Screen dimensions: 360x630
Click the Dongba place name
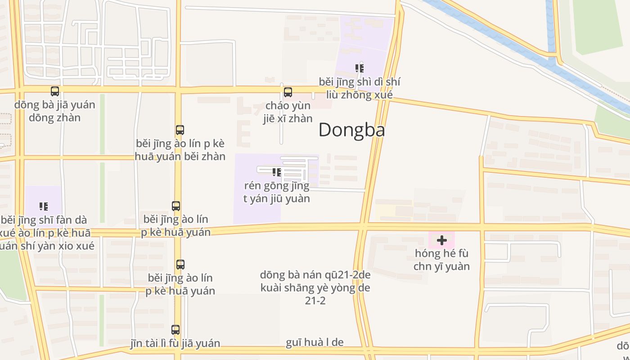(x=351, y=130)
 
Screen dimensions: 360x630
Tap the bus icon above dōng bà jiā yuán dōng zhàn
(x=55, y=91)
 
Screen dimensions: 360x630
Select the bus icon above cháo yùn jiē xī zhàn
(x=288, y=92)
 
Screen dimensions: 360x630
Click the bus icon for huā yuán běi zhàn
(x=180, y=130)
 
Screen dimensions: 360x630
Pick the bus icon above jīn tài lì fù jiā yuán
(x=175, y=330)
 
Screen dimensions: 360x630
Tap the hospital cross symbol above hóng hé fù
(x=442, y=240)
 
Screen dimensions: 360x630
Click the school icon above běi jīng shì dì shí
(x=359, y=68)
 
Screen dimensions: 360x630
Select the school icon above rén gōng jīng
(x=277, y=172)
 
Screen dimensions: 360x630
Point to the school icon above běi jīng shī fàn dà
(x=44, y=207)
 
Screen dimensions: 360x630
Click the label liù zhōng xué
(x=359, y=95)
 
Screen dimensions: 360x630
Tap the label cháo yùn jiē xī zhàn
(x=288, y=112)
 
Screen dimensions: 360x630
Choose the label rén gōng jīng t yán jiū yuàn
(x=277, y=192)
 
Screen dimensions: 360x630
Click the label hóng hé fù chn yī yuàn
(x=442, y=260)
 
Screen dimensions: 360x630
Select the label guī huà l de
(x=315, y=342)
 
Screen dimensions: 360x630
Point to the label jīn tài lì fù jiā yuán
(x=175, y=343)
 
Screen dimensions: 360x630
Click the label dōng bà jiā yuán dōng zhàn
(x=55, y=111)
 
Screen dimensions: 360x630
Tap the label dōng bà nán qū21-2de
(x=315, y=275)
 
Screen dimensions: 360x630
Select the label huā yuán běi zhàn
(x=180, y=156)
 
